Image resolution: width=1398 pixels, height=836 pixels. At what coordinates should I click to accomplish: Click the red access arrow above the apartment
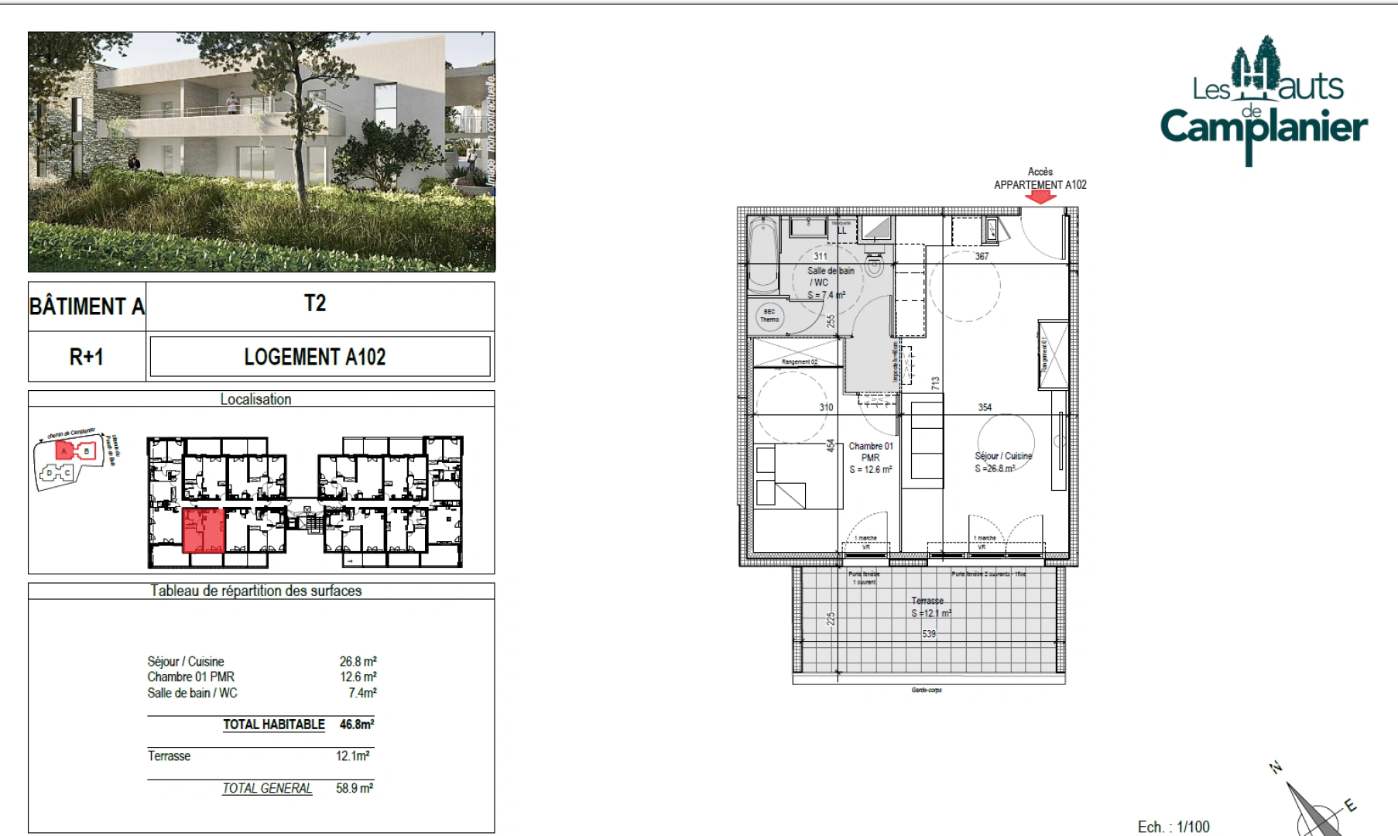click(1040, 197)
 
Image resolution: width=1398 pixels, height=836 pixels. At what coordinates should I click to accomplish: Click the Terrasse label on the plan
click(927, 601)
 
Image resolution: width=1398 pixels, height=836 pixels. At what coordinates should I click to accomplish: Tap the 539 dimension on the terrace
click(929, 634)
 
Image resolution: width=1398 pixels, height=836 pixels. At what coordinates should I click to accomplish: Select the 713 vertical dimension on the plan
click(935, 382)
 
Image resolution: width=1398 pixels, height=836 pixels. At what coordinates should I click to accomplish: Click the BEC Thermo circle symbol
click(769, 316)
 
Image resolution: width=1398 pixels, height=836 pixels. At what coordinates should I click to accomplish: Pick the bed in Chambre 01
click(798, 476)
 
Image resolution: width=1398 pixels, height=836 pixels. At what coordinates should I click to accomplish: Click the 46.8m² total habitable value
click(357, 725)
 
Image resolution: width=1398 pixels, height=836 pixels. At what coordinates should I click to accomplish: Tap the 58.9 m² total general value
click(355, 788)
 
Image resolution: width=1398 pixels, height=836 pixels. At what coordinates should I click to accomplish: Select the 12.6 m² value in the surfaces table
click(358, 677)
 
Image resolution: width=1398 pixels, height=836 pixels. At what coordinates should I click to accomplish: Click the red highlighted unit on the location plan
click(204, 530)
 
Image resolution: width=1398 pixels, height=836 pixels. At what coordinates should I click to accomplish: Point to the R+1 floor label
click(86, 357)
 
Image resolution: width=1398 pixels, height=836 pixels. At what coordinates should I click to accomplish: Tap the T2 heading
click(315, 303)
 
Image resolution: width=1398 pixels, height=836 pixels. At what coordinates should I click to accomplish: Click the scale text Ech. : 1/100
click(1174, 827)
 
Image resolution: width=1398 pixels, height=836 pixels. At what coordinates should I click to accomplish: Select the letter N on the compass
click(1276, 767)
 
